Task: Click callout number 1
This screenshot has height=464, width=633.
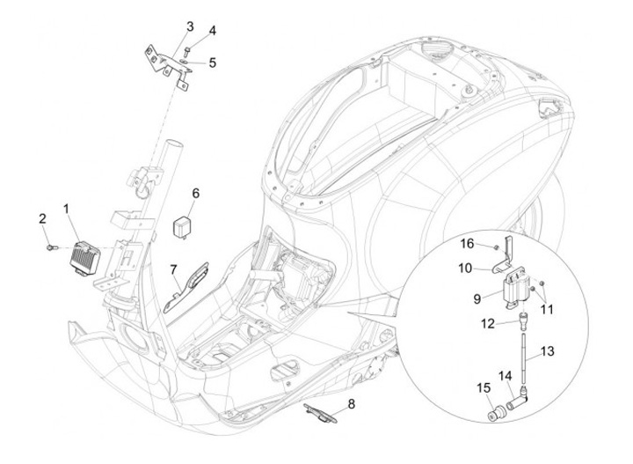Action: (x=66, y=209)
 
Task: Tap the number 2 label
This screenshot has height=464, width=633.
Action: (x=41, y=217)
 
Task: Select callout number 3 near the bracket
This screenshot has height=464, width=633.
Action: (x=190, y=26)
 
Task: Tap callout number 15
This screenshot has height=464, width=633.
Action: (x=482, y=388)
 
